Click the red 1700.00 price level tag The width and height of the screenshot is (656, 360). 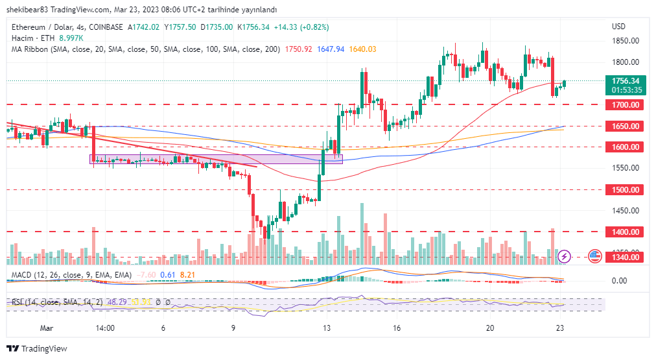click(625, 105)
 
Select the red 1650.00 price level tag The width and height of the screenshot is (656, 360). click(625, 126)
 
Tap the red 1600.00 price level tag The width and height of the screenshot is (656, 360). click(625, 147)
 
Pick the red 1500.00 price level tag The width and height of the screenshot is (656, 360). click(625, 190)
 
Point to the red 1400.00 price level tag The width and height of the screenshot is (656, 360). click(625, 232)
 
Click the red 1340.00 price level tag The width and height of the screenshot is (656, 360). click(625, 258)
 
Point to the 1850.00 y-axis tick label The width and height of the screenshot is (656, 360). click(625, 41)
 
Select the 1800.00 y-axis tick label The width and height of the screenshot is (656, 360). click(625, 62)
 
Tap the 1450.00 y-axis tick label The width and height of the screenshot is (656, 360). click(625, 211)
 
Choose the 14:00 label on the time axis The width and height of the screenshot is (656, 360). click(105, 328)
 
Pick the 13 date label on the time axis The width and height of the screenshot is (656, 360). click(327, 328)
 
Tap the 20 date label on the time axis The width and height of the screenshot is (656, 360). click(490, 328)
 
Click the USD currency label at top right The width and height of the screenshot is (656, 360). click(618, 27)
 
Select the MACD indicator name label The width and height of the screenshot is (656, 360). click(24, 275)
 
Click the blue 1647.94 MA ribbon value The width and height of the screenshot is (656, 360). click(331, 49)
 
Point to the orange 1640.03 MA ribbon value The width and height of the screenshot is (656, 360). click(362, 49)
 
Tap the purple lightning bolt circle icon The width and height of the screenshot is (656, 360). click(565, 256)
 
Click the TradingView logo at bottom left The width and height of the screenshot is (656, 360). click(37, 348)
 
